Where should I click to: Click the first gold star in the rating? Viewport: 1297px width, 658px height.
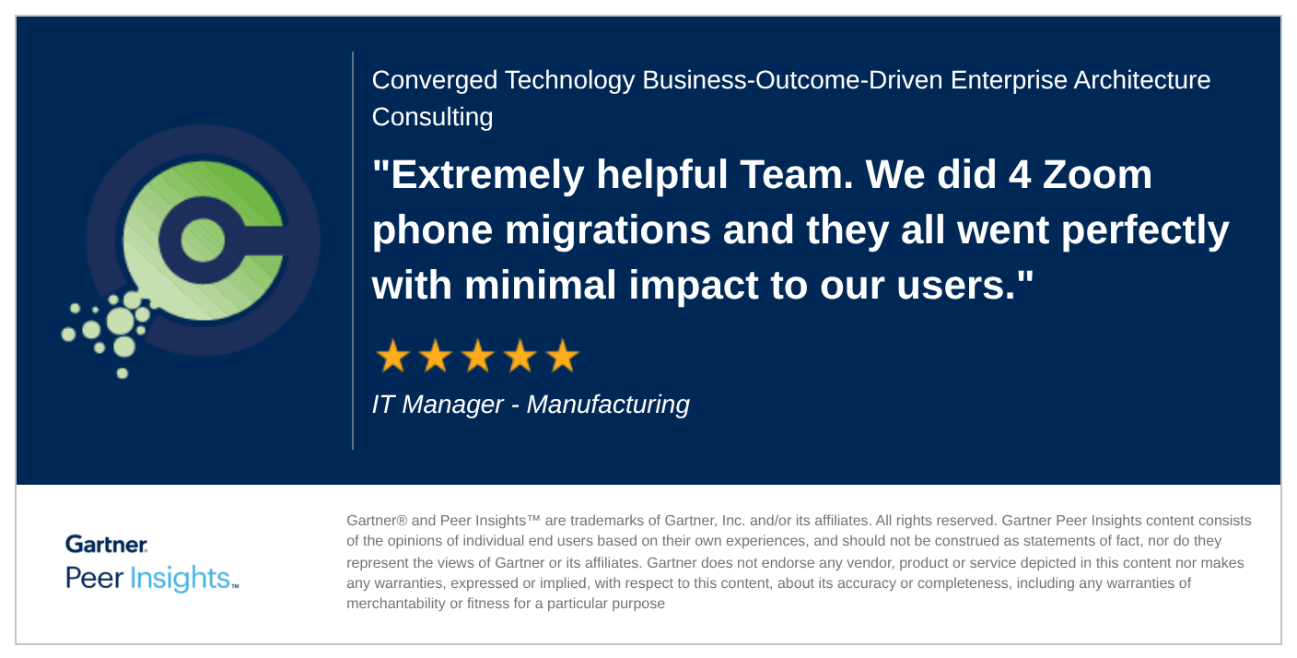point(393,356)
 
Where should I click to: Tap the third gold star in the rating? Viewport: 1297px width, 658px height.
point(478,356)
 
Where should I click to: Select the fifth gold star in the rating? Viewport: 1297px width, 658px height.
point(563,356)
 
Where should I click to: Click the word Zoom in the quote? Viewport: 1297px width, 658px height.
point(1097,175)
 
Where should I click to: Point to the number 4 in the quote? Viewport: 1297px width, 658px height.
point(1019,175)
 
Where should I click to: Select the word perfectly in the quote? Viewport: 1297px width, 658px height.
point(1145,231)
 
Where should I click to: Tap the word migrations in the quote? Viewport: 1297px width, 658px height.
point(607,231)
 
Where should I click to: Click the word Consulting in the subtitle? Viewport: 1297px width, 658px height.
point(433,117)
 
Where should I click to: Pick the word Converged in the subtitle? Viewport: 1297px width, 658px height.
point(434,80)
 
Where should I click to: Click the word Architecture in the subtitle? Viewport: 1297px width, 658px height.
point(1142,80)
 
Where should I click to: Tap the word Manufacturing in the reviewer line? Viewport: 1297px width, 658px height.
point(608,405)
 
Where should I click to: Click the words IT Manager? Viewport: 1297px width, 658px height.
point(438,405)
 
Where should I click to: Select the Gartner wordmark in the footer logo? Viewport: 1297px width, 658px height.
point(107,544)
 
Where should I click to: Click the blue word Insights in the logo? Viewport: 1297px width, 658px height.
point(180,578)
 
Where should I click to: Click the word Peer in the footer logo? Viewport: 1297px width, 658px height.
point(94,578)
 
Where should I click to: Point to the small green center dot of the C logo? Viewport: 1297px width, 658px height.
point(203,240)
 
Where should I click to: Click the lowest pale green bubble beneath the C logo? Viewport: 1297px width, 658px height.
point(123,373)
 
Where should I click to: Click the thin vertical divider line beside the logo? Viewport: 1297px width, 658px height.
point(353,251)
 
